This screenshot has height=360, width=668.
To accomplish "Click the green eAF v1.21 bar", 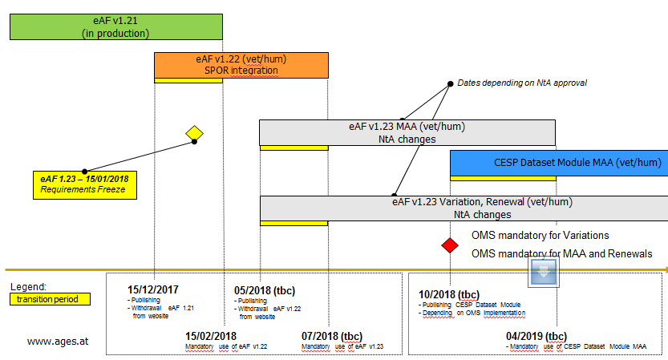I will pos(115,26).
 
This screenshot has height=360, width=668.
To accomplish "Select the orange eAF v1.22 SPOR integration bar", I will pos(241,64).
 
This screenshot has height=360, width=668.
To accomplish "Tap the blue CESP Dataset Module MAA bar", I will pos(559,163).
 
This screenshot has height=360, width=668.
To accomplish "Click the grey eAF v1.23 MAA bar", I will pos(407,132).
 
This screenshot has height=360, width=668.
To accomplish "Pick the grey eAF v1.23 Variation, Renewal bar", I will pos(464,208).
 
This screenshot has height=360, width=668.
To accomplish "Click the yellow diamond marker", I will pos(194,132).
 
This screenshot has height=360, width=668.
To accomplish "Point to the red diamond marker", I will pos(450,244).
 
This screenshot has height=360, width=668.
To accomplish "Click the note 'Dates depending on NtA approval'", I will pos(522,83).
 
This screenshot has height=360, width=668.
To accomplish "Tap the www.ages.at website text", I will pos(57,341).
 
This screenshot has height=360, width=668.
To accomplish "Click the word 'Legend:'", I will pos(29,286).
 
